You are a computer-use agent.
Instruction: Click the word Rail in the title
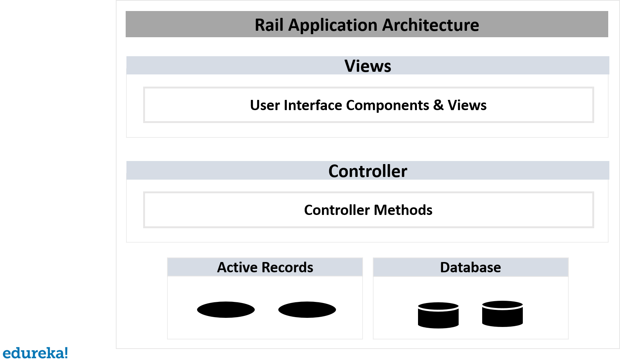[269, 25]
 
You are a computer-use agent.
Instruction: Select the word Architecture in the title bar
[431, 25]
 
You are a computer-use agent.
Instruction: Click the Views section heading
[368, 66]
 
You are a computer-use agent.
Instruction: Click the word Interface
[313, 105]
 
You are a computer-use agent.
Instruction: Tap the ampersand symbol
[439, 105]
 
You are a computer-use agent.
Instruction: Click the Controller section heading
[368, 171]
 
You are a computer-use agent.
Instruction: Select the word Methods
[403, 210]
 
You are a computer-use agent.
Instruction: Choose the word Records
[287, 267]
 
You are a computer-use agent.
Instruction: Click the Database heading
[470, 267]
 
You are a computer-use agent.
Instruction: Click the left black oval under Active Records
[226, 309]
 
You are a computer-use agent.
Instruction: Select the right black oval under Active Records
[307, 309]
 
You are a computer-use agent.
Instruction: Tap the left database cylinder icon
[438, 315]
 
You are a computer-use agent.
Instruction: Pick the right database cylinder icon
[502, 314]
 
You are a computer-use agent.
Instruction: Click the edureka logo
[35, 353]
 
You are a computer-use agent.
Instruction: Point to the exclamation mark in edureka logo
[66, 352]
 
